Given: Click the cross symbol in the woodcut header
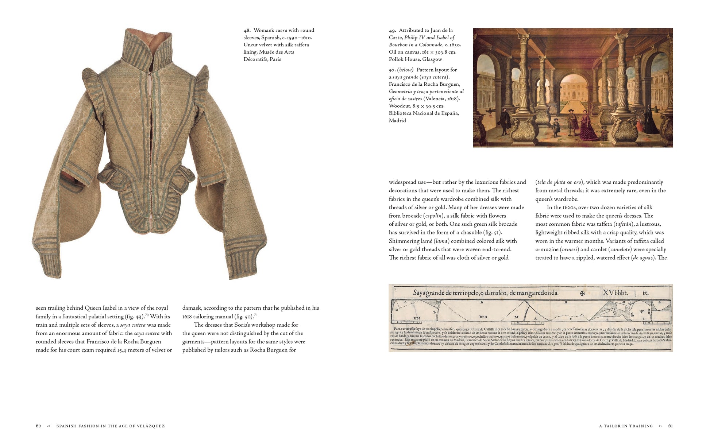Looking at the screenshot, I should (x=582, y=293).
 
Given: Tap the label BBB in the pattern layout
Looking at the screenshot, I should (x=483, y=317).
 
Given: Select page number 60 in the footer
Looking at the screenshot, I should (x=39, y=426).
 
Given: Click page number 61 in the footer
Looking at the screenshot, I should (x=670, y=426).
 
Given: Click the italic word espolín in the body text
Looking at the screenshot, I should (x=433, y=216).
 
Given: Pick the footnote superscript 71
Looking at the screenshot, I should (x=256, y=315).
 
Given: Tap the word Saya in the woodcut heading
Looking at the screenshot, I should (x=420, y=292).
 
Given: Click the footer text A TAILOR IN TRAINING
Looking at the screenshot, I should (x=626, y=426).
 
